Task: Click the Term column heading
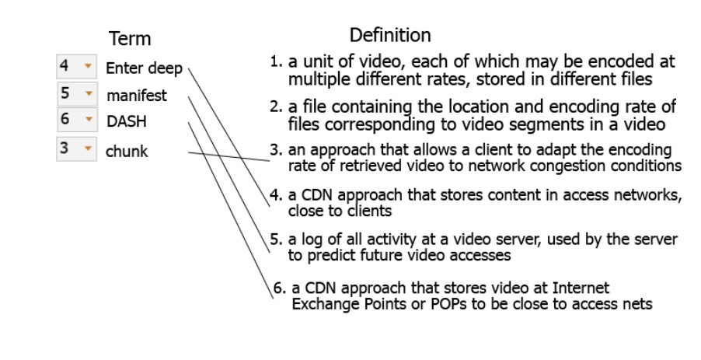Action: (x=130, y=39)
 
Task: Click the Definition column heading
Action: (x=389, y=35)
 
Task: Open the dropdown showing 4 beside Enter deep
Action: (x=76, y=67)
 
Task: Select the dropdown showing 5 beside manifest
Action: (x=76, y=94)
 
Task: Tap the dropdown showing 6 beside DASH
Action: (x=76, y=121)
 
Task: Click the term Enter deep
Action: (x=144, y=68)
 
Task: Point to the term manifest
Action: (x=137, y=96)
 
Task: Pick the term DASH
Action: (x=126, y=122)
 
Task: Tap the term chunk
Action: (x=127, y=151)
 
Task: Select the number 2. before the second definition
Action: (x=276, y=107)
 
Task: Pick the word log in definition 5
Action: (x=310, y=239)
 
